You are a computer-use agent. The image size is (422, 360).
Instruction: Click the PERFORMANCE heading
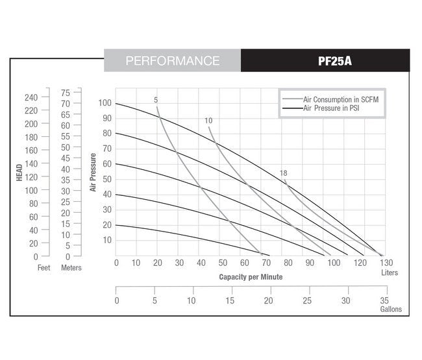[172, 61]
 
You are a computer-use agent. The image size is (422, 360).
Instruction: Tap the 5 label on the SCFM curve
[156, 100]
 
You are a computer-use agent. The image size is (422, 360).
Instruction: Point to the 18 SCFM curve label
[283, 173]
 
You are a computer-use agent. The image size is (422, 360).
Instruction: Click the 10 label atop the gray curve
[208, 121]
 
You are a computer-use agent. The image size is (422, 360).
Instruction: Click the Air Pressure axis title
[93, 172]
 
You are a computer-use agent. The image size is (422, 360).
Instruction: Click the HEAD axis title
[20, 171]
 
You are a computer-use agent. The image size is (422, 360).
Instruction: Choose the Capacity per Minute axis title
[251, 276]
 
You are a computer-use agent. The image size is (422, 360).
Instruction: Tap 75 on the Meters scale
[66, 93]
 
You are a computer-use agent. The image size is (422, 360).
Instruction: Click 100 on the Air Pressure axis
[105, 103]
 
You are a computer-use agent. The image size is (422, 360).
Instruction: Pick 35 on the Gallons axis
[384, 301]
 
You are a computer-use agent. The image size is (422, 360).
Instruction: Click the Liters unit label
[390, 273]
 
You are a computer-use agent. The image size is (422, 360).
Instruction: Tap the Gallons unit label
[391, 309]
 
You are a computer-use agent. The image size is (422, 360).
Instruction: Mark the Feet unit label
[43, 268]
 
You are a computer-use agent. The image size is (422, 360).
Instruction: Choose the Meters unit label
[71, 268]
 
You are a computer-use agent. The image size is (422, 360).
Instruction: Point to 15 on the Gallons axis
[230, 301]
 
